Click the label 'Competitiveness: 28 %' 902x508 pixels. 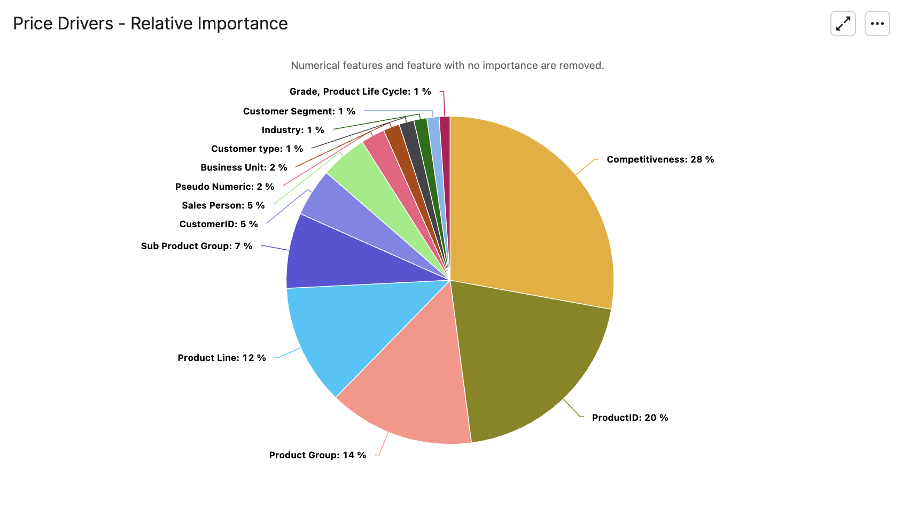[x=660, y=159]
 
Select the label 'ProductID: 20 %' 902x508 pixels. [x=630, y=418]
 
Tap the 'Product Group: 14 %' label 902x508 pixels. [x=317, y=455]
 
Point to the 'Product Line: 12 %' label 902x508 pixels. [x=222, y=358]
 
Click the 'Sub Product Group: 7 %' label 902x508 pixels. [x=197, y=246]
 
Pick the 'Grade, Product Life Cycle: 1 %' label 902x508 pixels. [x=360, y=91]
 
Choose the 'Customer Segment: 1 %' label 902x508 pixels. [x=299, y=111]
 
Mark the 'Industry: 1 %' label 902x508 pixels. [x=293, y=130]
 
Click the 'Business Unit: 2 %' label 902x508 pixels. [x=244, y=167]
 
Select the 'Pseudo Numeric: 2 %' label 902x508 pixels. [x=224, y=187]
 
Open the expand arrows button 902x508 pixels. [x=843, y=24]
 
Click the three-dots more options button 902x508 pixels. [x=877, y=24]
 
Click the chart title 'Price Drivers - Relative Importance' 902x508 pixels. [x=150, y=24]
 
